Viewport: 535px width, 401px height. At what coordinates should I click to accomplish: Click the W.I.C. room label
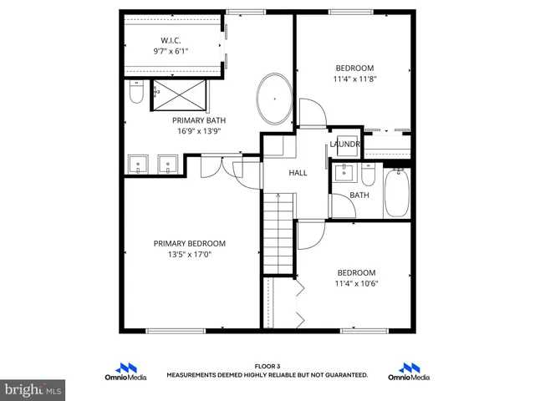pos(171,39)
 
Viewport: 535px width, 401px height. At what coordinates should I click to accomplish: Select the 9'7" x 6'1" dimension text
pos(171,51)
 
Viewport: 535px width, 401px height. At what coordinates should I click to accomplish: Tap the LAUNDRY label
pos(344,144)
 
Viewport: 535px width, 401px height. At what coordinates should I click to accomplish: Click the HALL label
pos(298,173)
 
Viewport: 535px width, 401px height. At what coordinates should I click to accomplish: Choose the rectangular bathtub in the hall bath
pos(397,192)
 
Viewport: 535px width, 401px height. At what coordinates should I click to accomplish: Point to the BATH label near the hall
pos(359,195)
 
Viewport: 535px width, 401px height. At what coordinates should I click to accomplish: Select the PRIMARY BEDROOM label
pos(189,243)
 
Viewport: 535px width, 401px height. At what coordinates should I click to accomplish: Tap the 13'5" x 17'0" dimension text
pos(189,255)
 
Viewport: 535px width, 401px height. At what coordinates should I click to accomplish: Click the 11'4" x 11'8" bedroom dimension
pos(354,80)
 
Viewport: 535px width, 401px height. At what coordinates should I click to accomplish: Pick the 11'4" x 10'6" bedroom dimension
pos(356,284)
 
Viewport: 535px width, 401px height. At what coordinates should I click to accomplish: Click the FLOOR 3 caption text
pos(267,366)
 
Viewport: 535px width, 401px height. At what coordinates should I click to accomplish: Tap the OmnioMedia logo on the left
pos(126,372)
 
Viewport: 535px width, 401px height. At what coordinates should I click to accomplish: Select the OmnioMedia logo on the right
pos(409,372)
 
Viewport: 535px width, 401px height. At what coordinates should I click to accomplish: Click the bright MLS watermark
pos(33,389)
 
